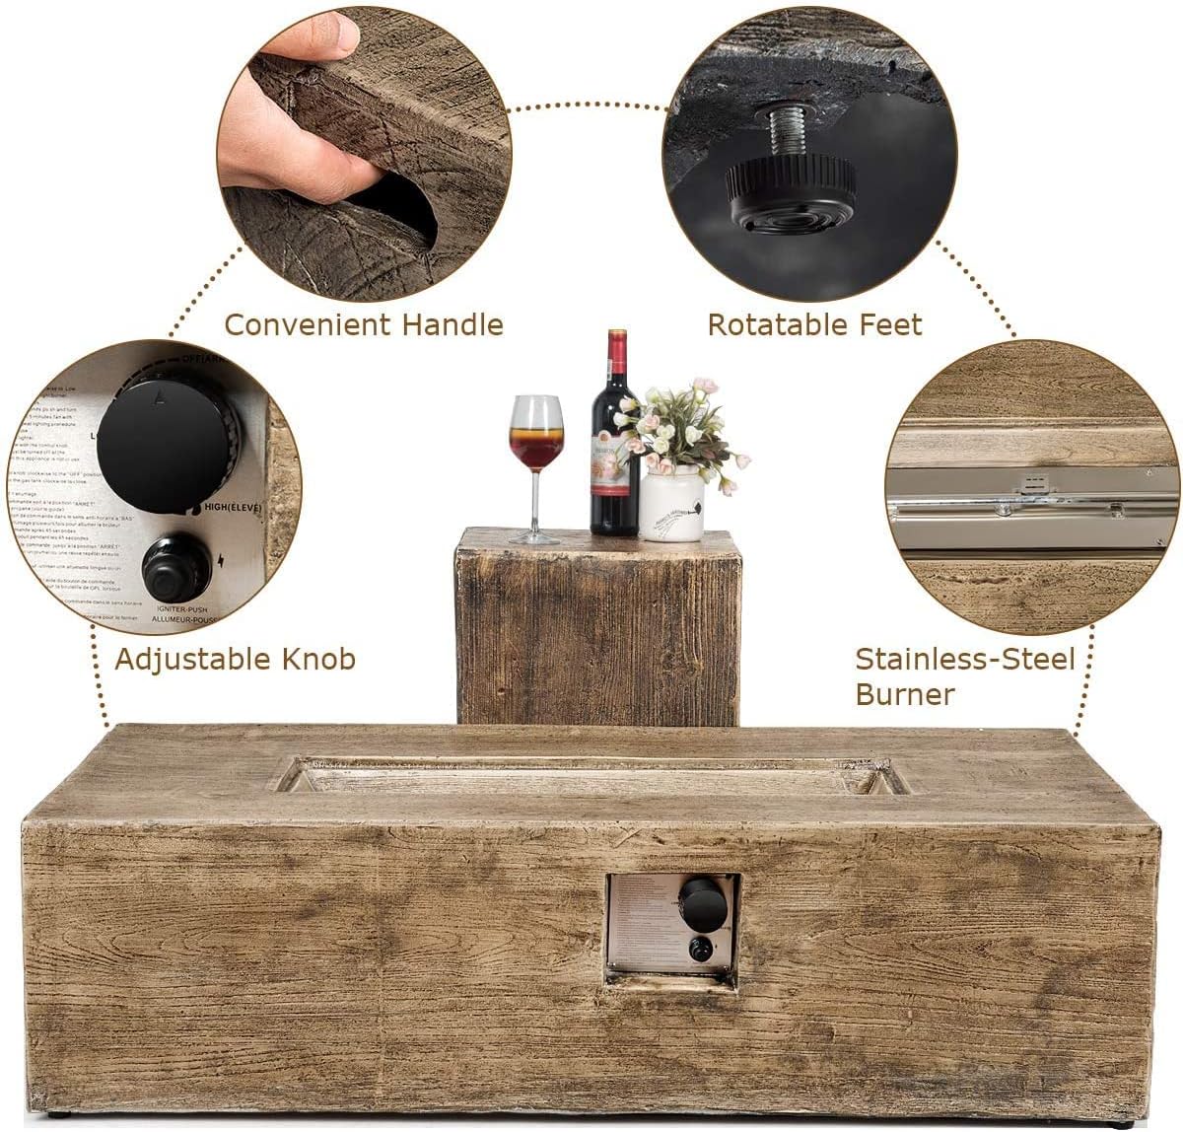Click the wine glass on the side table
536,439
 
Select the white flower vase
672,504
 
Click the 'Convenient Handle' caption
364,324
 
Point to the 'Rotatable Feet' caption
814,324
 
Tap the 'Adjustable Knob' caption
235,659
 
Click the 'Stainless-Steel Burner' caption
964,675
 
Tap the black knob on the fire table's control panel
702,903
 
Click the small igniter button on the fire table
701,950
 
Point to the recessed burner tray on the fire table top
591,777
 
